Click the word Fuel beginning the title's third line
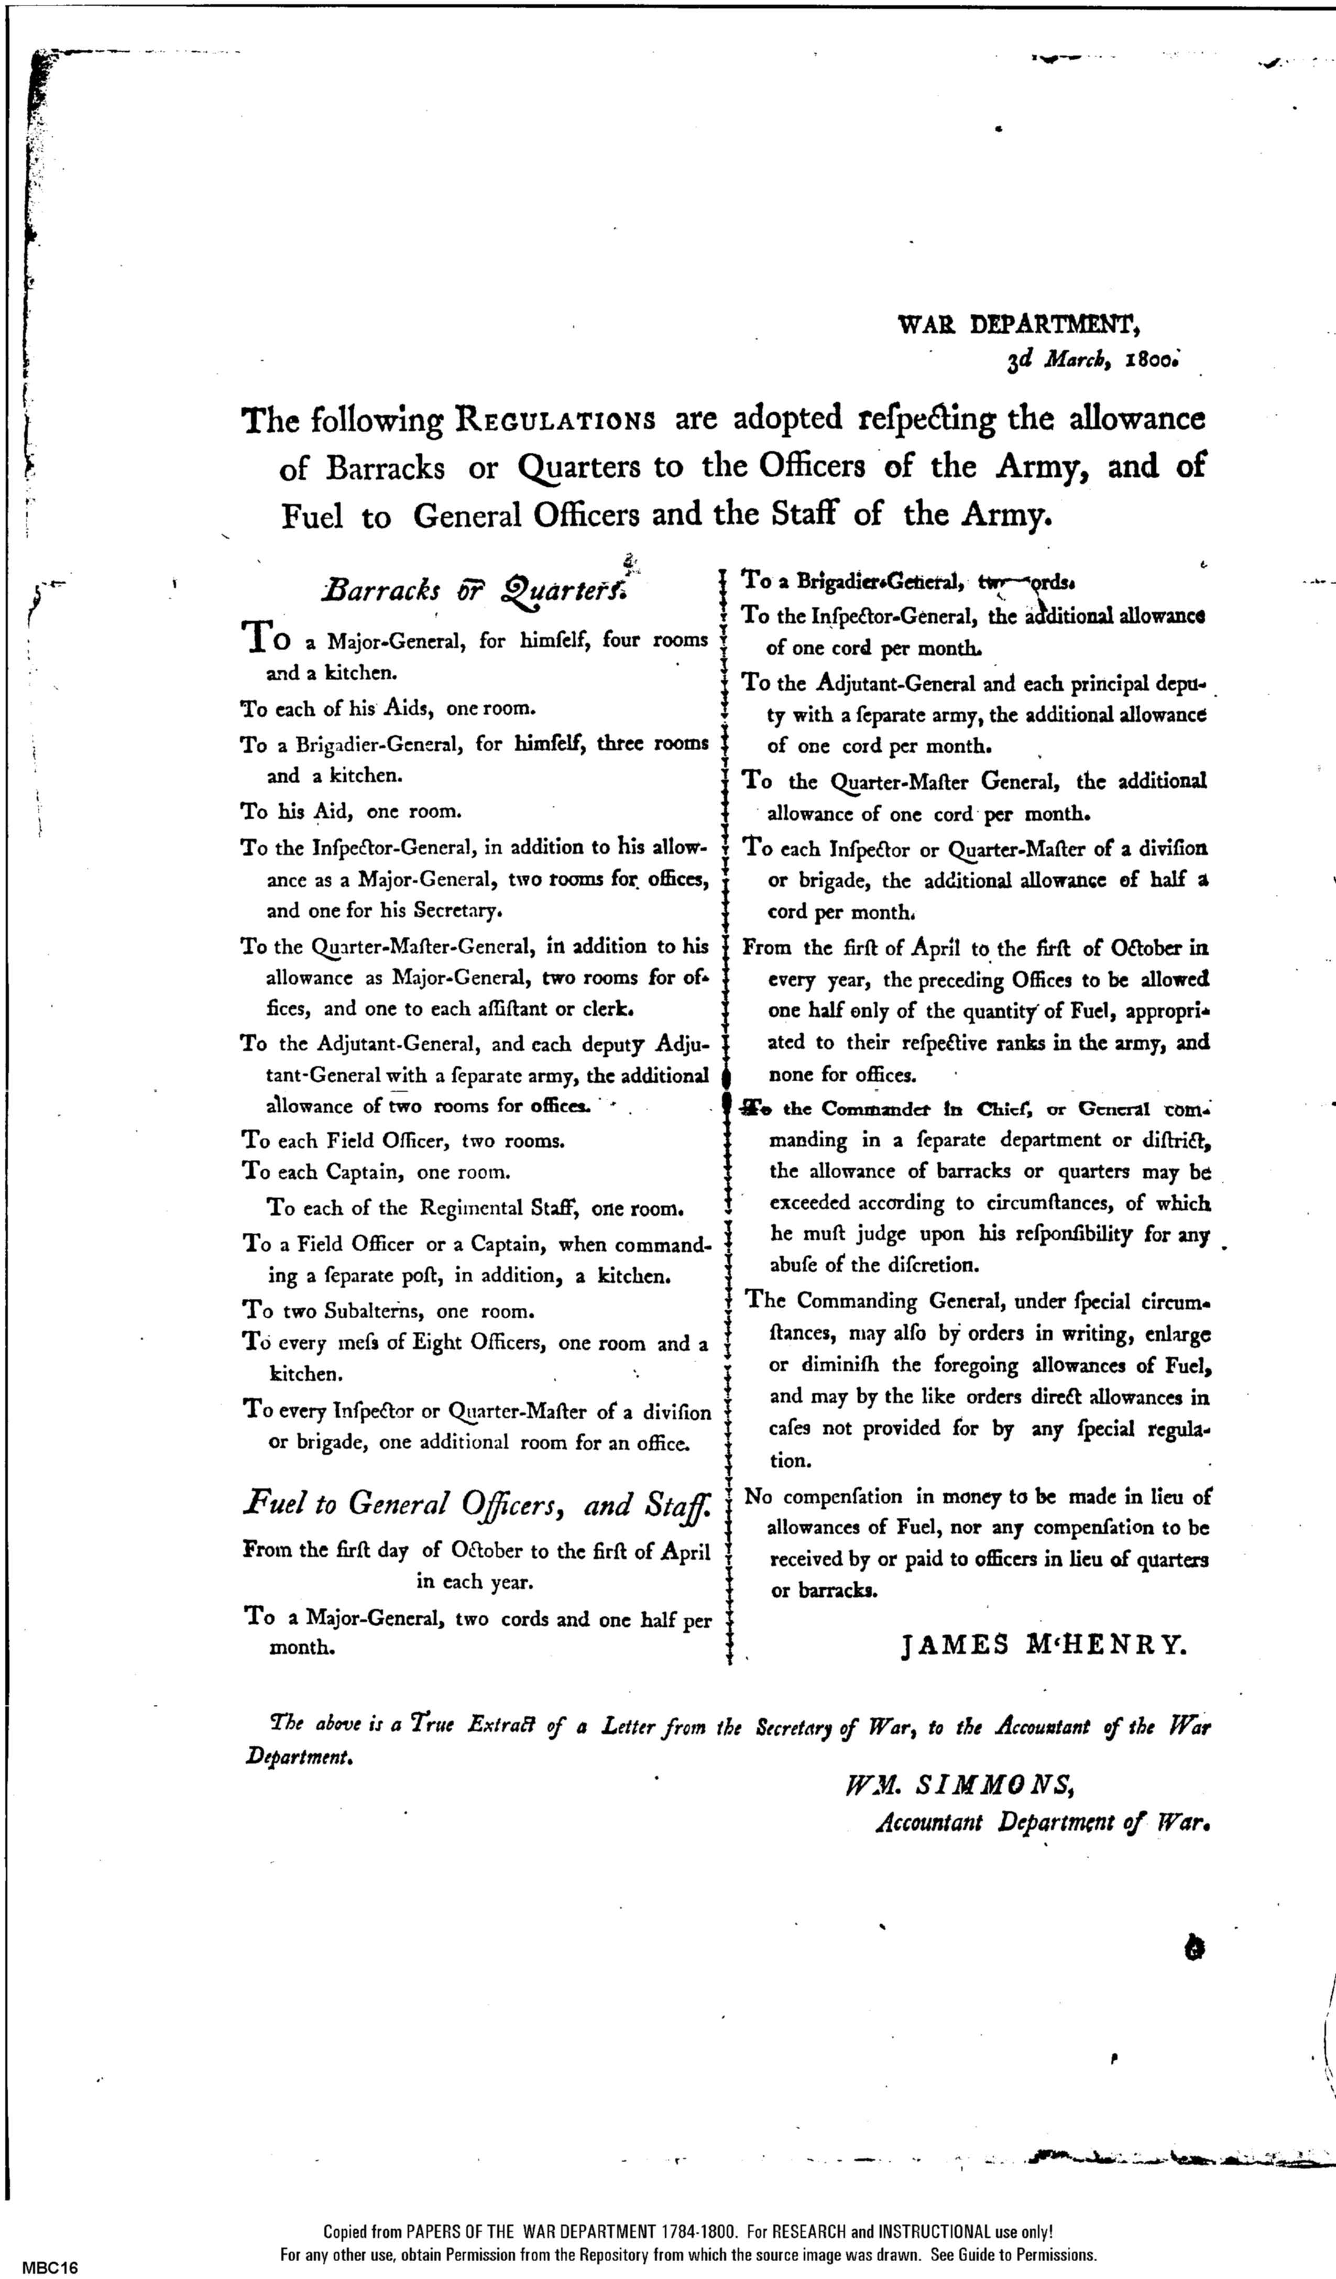(x=312, y=517)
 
